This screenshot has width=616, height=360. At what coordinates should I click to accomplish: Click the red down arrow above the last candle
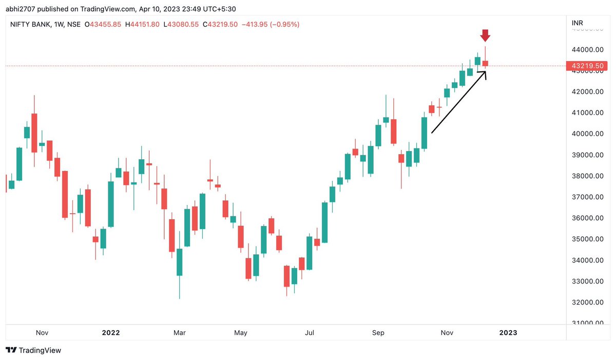point(485,36)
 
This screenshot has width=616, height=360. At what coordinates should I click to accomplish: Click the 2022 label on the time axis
point(111,333)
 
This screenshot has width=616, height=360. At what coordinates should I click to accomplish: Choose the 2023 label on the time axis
point(508,333)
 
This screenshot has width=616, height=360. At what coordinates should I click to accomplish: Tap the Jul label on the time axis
point(309,333)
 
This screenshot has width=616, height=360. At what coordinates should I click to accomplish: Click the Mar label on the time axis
point(179,333)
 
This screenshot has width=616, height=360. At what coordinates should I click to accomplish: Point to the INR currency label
point(577,24)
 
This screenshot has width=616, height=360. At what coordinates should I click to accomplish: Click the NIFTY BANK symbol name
point(30,25)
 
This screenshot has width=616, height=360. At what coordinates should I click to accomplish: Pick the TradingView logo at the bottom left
point(33,350)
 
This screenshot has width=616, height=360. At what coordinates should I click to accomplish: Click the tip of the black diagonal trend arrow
point(486,71)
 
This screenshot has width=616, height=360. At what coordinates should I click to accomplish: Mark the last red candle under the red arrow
point(485,63)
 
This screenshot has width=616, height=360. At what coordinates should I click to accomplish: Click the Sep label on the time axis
point(378,333)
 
